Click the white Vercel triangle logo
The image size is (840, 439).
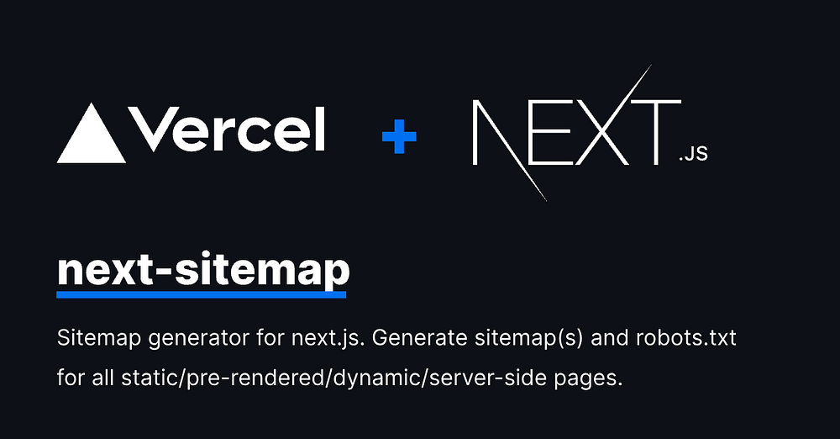(x=92, y=136)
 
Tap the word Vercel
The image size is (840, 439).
(x=228, y=130)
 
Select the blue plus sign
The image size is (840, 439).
(x=399, y=135)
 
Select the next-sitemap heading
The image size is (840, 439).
(x=202, y=269)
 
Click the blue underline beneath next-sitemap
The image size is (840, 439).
(x=202, y=294)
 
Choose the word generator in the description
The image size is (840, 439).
(x=189, y=340)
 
